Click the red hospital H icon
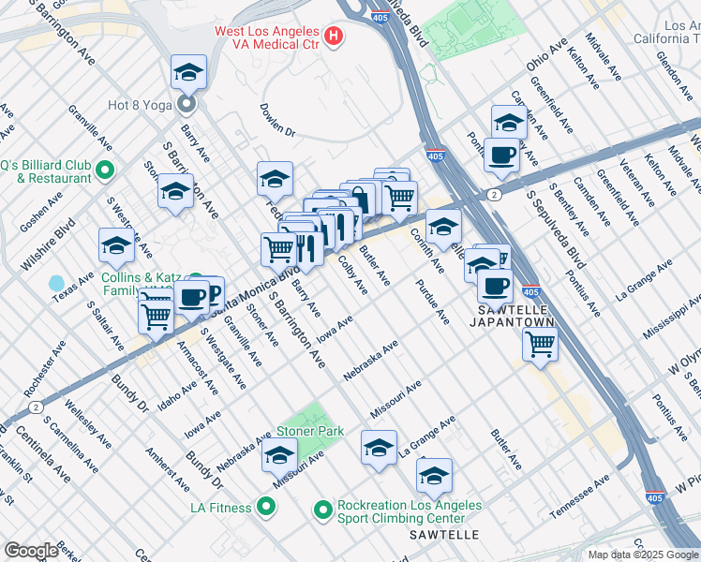click(333, 37)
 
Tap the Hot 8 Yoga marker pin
click(186, 104)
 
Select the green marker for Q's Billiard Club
click(105, 170)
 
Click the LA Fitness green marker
click(266, 508)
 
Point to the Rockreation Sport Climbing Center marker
click(323, 510)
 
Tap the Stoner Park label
click(309, 432)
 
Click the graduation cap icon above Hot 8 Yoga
click(188, 71)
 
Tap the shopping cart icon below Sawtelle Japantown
click(541, 344)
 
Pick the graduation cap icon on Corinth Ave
click(443, 226)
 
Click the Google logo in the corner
click(31, 551)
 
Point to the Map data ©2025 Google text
click(644, 555)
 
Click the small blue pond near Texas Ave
click(56, 282)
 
